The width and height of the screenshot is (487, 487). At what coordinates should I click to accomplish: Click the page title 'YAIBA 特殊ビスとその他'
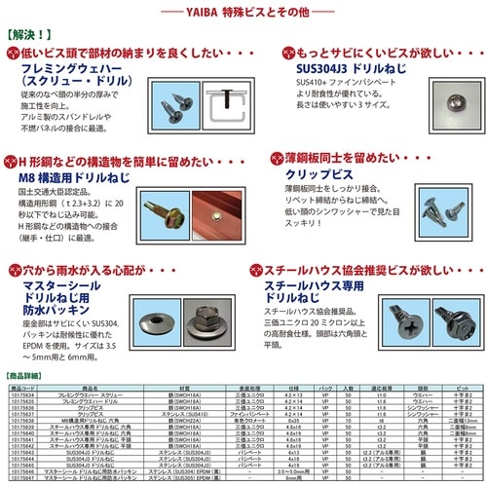coord(243,11)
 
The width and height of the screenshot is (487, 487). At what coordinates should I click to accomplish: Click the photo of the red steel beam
coord(223,206)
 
